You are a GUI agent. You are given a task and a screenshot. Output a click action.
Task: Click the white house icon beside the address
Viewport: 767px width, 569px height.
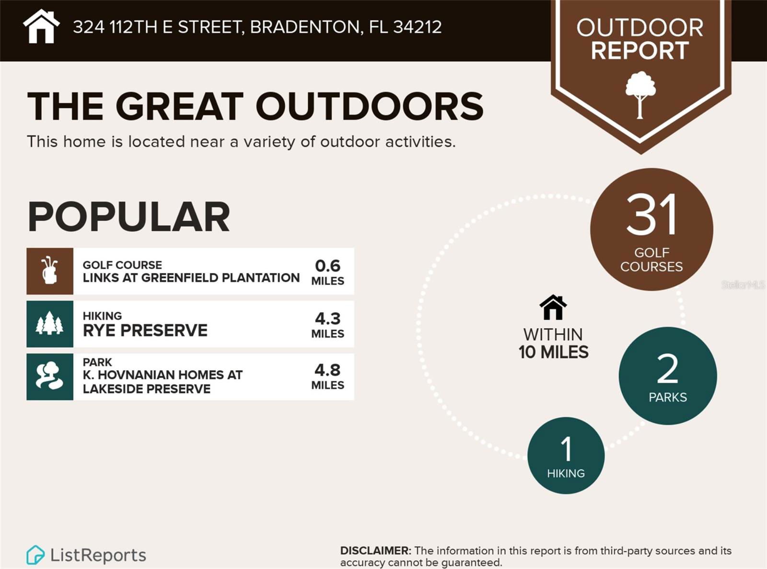(x=41, y=27)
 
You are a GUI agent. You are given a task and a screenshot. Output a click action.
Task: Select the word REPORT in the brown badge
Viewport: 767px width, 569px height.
(x=640, y=50)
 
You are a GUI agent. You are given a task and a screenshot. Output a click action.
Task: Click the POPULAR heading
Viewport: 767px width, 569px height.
(x=128, y=216)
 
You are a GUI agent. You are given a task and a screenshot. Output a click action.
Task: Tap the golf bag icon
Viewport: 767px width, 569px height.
(x=50, y=271)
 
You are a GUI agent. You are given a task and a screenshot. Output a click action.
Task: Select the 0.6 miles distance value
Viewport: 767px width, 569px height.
(x=328, y=272)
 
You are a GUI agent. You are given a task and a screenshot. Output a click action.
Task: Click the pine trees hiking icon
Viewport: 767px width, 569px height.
(x=50, y=323)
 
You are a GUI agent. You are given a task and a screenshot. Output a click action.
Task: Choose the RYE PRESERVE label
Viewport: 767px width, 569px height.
(x=145, y=330)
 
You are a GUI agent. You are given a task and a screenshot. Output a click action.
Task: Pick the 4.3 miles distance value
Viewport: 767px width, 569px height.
(x=328, y=325)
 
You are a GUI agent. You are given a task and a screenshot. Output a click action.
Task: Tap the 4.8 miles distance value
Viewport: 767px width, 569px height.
(x=328, y=376)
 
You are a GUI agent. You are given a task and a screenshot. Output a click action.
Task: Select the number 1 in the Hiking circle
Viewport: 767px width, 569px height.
(x=566, y=449)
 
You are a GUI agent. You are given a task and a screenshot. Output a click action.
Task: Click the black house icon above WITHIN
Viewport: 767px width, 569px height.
(x=553, y=307)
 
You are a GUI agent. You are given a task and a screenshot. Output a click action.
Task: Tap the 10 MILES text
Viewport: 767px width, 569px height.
(x=553, y=352)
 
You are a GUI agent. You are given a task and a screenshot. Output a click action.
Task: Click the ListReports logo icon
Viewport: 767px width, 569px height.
(x=35, y=555)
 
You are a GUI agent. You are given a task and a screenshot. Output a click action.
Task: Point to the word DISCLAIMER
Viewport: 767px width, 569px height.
(x=375, y=551)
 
